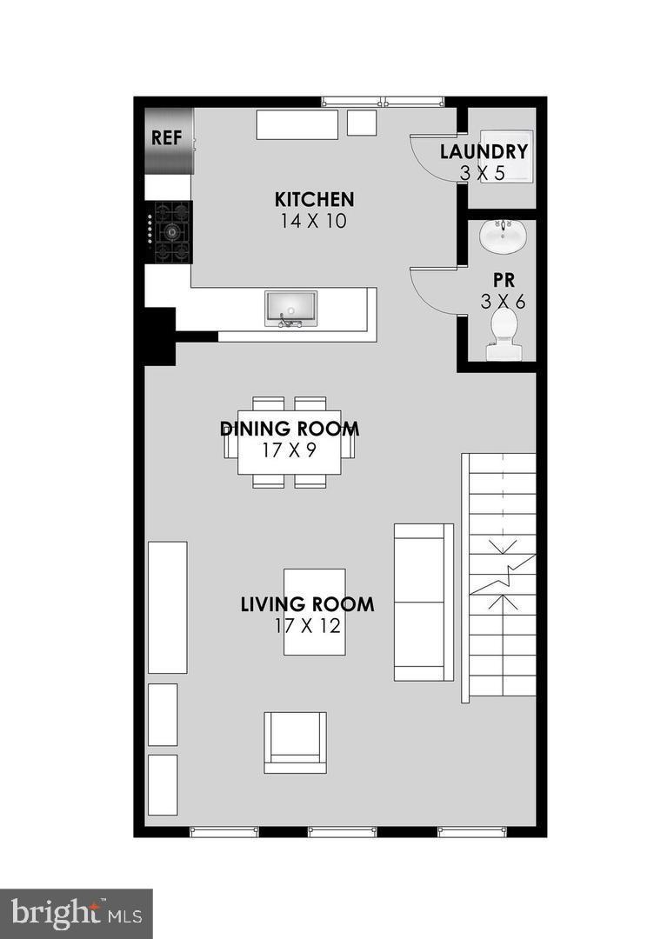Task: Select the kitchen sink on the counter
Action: tap(290, 309)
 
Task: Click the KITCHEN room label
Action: tap(314, 200)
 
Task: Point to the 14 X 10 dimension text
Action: tap(314, 221)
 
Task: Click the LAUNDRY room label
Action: tap(484, 151)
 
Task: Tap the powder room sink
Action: tap(502, 236)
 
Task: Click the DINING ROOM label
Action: tap(290, 429)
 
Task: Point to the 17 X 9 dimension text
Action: tap(290, 450)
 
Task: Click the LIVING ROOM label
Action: tap(307, 604)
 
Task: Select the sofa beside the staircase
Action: tap(424, 602)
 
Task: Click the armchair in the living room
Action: tap(296, 742)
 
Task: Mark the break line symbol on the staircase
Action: tap(502, 574)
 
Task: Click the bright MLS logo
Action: tap(76, 913)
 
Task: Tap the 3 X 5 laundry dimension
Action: tap(483, 173)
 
